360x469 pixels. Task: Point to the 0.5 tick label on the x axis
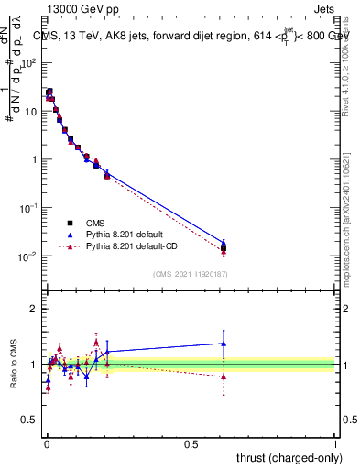(191, 443)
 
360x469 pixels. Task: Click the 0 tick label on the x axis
(46, 443)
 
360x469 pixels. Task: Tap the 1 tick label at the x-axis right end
(336, 443)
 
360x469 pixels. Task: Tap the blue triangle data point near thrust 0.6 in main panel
(224, 243)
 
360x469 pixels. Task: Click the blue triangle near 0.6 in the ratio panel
(224, 344)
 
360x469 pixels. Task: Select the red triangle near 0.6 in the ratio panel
(224, 376)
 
